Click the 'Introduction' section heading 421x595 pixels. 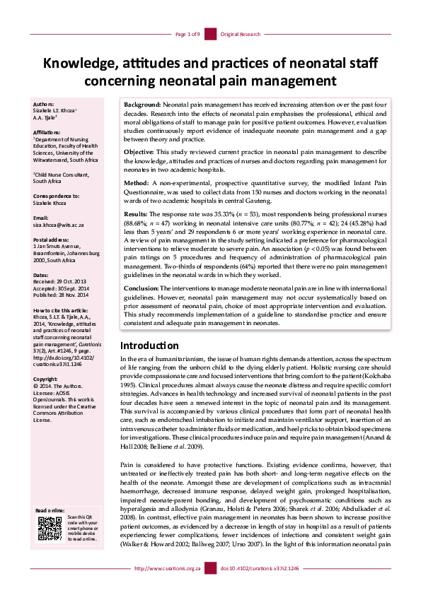[149, 346]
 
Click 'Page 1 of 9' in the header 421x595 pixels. [188, 34]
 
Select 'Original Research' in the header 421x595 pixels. [241, 34]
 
